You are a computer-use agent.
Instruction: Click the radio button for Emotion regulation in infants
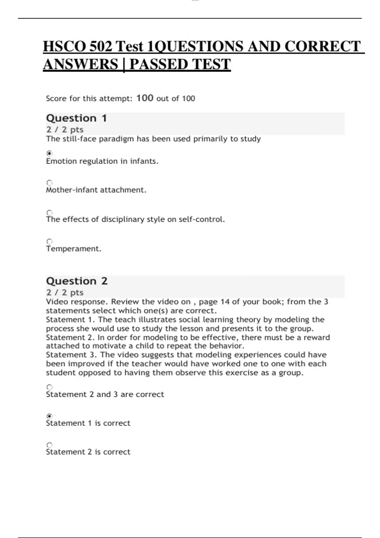(x=49, y=153)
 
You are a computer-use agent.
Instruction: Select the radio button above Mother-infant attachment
(x=49, y=183)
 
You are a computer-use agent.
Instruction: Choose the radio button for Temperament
(x=49, y=241)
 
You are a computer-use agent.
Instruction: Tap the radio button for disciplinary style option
(x=49, y=212)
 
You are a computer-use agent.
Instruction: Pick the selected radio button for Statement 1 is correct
(x=49, y=416)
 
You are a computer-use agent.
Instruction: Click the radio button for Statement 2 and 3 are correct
(x=49, y=387)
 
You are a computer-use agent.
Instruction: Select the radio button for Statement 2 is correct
(x=49, y=445)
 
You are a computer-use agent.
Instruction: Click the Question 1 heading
(x=76, y=118)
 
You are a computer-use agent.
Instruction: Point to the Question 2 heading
(x=77, y=281)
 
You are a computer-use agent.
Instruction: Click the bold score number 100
(x=145, y=98)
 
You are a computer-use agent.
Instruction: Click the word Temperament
(x=73, y=249)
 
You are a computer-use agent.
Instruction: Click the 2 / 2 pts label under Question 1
(x=65, y=130)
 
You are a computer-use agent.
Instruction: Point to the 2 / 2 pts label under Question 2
(x=65, y=292)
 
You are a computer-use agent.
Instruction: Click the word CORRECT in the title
(x=322, y=47)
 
